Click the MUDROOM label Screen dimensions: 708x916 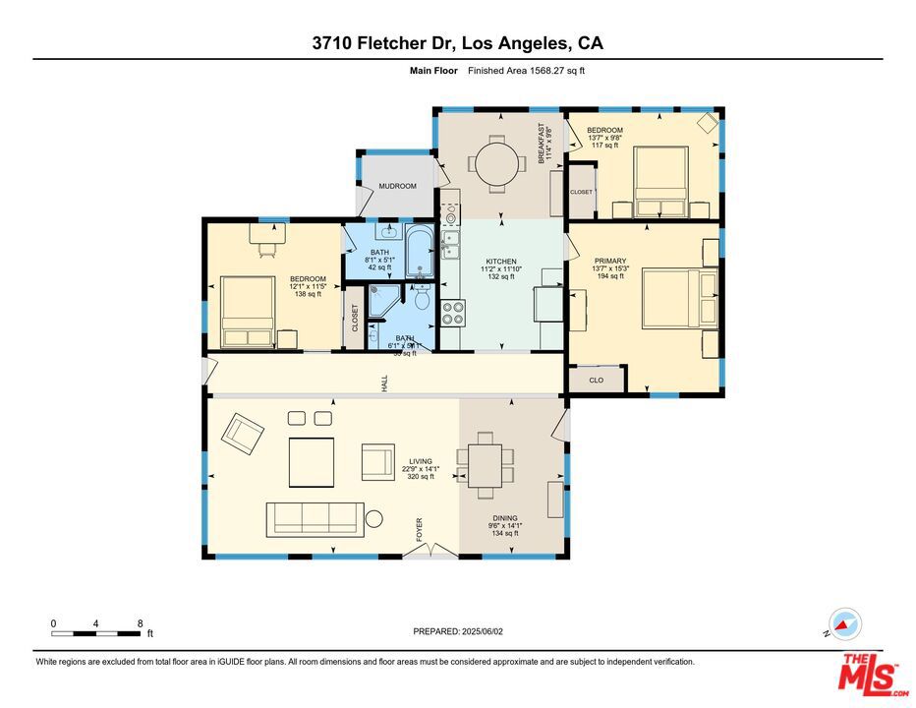[398, 186]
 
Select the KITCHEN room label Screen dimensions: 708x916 [501, 262]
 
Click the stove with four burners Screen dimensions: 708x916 [453, 313]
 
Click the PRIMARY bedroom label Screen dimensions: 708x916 [609, 262]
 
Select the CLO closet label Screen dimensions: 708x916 [596, 380]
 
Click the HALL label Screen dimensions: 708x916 [385, 384]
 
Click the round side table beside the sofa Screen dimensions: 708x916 [375, 519]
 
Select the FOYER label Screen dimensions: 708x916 [420, 529]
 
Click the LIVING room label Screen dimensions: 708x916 [420, 461]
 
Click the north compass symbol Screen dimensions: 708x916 [844, 624]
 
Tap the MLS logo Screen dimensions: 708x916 [870, 676]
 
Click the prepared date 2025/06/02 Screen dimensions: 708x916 [457, 631]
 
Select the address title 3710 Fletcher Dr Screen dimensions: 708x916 [457, 43]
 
